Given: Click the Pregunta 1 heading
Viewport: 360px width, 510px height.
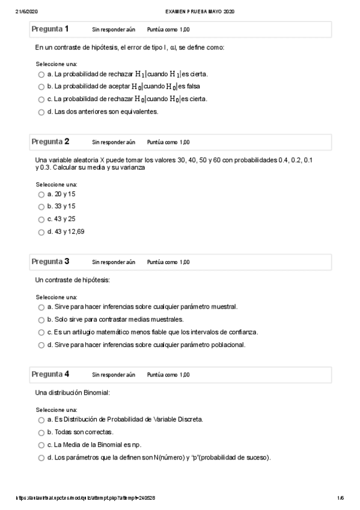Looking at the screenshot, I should (x=50, y=29).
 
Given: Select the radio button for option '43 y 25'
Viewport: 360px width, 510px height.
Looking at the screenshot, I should (x=41, y=220).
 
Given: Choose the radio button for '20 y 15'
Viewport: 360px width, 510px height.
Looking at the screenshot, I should (x=41, y=195).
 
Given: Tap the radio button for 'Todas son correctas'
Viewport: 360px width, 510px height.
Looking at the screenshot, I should (x=41, y=432).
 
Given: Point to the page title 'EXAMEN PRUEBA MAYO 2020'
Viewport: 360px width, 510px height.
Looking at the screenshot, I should (x=200, y=11).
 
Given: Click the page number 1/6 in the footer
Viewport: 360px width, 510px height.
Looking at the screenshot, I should (x=340, y=498).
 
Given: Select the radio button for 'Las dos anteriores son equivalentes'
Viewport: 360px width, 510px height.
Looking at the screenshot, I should (x=41, y=112).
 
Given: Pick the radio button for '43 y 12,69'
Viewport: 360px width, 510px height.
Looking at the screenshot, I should (x=41, y=232).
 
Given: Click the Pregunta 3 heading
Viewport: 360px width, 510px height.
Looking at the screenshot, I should (x=50, y=262).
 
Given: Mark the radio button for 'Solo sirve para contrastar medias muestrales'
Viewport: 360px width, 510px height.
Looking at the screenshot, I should (x=41, y=320).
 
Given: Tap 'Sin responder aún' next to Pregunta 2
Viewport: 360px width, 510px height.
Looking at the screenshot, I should (x=114, y=143).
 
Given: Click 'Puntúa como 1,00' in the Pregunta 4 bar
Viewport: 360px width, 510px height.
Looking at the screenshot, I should (x=168, y=375).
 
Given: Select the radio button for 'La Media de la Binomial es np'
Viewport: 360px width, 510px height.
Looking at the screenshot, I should (x=41, y=445).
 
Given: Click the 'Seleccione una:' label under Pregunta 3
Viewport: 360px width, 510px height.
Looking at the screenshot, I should (x=56, y=297).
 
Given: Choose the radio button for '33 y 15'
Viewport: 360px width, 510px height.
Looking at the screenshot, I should (x=41, y=207).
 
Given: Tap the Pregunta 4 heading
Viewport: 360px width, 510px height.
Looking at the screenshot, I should (x=50, y=374).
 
